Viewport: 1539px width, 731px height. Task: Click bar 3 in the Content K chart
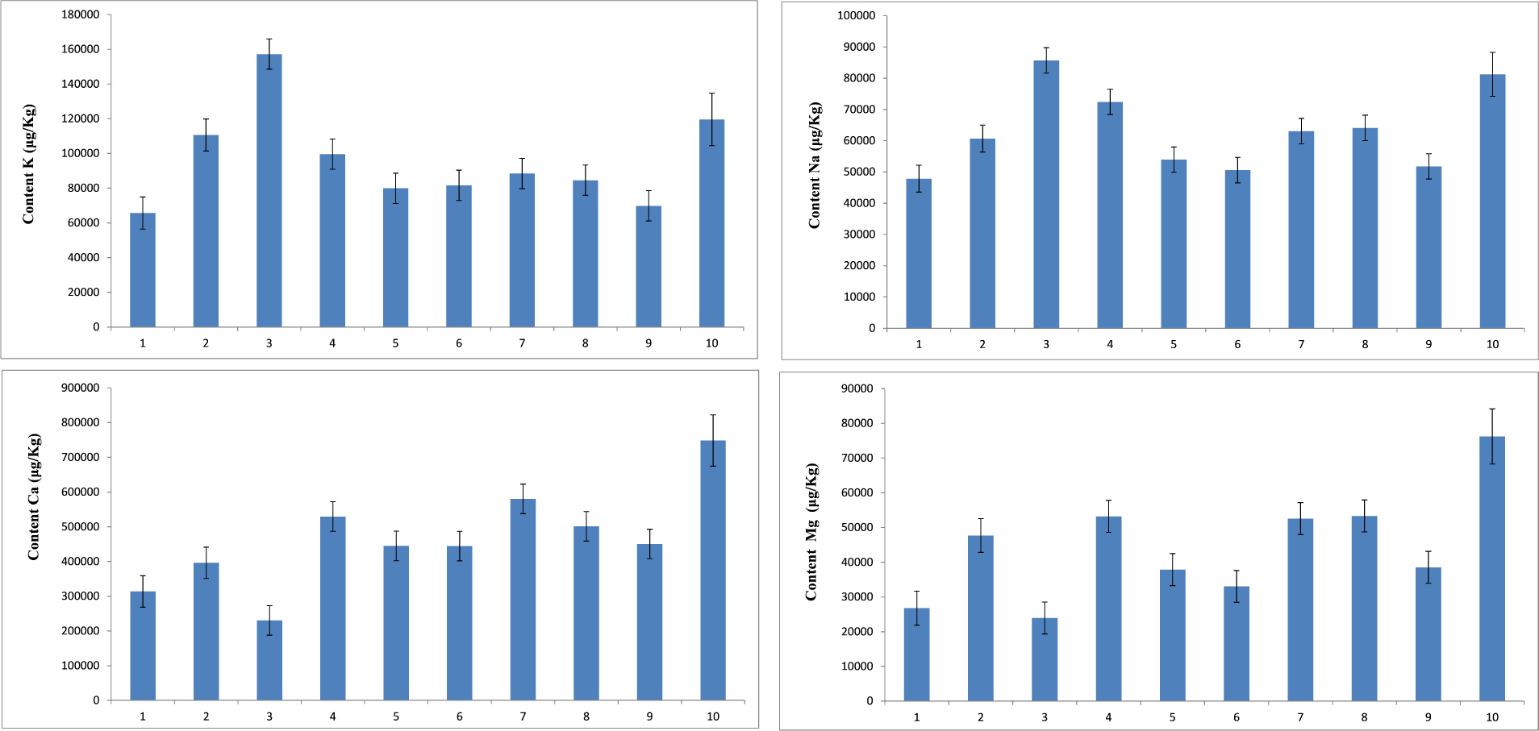(x=269, y=190)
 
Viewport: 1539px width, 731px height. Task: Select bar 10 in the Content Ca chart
(x=712, y=570)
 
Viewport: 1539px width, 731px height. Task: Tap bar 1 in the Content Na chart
(x=918, y=253)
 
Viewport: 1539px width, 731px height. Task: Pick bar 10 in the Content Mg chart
(x=1491, y=568)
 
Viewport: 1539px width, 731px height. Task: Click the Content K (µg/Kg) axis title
(x=29, y=164)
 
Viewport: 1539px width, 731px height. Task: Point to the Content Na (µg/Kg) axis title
(x=815, y=165)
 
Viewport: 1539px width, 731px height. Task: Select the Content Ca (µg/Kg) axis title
(x=33, y=496)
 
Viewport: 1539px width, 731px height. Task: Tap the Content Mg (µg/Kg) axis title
(x=811, y=532)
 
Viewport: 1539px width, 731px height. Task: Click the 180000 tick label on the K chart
(x=81, y=15)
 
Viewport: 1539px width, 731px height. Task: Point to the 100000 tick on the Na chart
(x=856, y=15)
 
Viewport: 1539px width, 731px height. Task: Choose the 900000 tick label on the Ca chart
(x=81, y=388)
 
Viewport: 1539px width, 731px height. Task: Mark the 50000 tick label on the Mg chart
(x=857, y=527)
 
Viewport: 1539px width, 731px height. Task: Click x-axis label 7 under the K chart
(x=522, y=343)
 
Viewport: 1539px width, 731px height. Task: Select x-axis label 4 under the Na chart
(x=1109, y=344)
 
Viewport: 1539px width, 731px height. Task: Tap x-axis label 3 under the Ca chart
(x=269, y=716)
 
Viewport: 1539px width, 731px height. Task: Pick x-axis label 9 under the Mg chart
(x=1428, y=717)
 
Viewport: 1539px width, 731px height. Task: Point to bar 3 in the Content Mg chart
(x=1044, y=658)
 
